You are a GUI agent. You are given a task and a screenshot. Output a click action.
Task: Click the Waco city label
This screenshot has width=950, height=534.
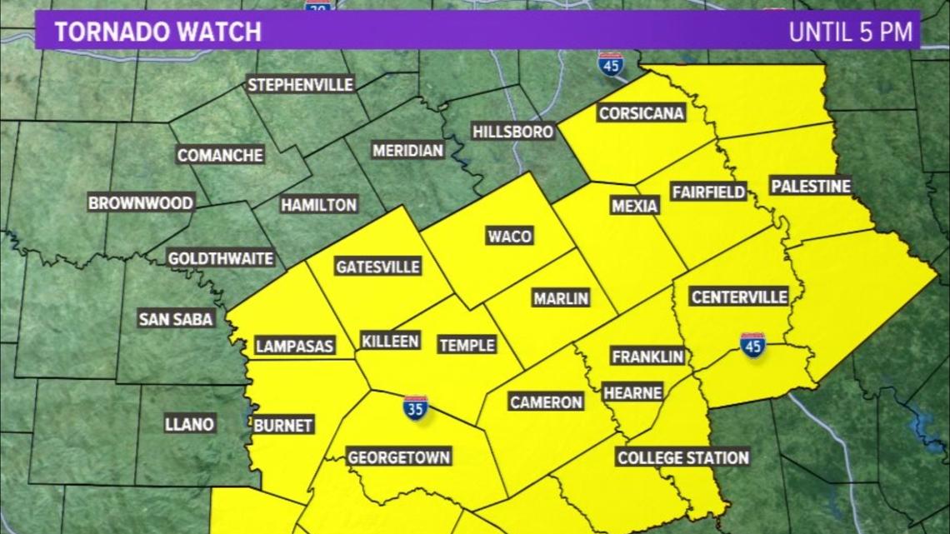509,237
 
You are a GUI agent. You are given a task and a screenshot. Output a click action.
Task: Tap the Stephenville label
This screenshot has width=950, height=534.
301,85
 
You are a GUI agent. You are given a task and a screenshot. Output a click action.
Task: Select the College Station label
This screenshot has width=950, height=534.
682,457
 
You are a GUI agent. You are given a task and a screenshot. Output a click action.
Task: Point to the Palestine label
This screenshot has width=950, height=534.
810,186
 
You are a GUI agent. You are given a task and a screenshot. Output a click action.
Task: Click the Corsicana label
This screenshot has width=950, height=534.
641,113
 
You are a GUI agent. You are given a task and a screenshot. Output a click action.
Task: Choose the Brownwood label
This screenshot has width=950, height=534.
141,203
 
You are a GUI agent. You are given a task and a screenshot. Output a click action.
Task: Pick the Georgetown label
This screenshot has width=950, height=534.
398,457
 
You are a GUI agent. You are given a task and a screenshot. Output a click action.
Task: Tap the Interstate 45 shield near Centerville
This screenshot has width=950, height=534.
752,345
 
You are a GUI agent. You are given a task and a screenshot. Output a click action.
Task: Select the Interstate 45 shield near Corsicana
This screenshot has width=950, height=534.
611,65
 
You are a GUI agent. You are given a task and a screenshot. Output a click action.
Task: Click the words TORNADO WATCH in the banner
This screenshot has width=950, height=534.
157,32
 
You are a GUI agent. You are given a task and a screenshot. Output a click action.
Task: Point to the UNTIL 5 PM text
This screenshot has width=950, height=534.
851,32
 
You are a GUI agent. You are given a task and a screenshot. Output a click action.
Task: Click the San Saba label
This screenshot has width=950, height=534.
176,318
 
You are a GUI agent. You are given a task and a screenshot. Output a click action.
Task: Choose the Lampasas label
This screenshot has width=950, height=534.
294,346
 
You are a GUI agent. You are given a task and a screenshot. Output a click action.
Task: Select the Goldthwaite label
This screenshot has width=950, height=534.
220,259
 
